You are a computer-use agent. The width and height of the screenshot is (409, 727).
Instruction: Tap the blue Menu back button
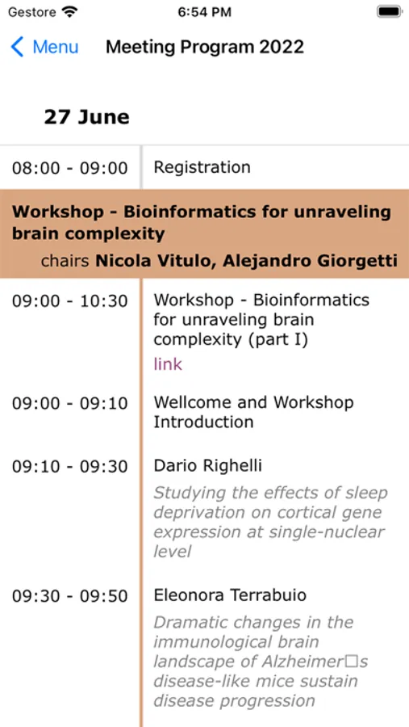point(44,48)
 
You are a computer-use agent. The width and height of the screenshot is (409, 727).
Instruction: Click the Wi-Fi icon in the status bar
point(70,11)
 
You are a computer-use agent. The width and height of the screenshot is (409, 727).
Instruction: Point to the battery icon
point(390,11)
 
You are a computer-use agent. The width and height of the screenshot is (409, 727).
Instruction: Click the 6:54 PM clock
point(204,12)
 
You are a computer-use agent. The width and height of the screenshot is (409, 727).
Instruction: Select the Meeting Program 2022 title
point(205,47)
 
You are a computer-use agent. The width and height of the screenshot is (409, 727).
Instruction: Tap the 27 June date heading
point(86,117)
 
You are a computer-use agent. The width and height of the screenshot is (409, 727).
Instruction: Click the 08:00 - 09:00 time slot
point(70,168)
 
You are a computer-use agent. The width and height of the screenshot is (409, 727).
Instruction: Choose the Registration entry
point(202,167)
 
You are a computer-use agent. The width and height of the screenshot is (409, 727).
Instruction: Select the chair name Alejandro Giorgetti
point(310,261)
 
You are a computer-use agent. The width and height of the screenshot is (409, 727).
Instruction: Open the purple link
point(168,364)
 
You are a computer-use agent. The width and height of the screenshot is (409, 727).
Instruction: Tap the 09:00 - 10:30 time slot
point(70,301)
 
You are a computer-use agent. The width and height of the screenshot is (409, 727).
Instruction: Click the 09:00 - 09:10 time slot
point(70,403)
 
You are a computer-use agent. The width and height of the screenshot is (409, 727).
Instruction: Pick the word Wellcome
point(193,402)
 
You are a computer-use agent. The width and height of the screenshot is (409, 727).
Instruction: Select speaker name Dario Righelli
point(207,466)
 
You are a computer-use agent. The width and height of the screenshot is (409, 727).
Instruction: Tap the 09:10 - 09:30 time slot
point(70,467)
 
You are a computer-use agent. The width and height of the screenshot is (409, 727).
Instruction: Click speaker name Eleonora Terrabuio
point(230,595)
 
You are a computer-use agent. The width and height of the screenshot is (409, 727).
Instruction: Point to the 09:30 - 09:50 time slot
point(70,596)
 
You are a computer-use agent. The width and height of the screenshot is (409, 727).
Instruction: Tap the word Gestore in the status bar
point(32,12)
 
